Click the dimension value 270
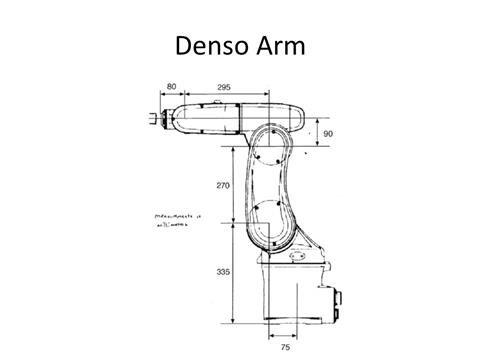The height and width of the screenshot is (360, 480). pyautogui.click(x=223, y=186)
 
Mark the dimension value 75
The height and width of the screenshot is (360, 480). pyautogui.click(x=285, y=348)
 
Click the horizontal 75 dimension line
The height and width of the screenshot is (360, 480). pyautogui.click(x=285, y=338)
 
